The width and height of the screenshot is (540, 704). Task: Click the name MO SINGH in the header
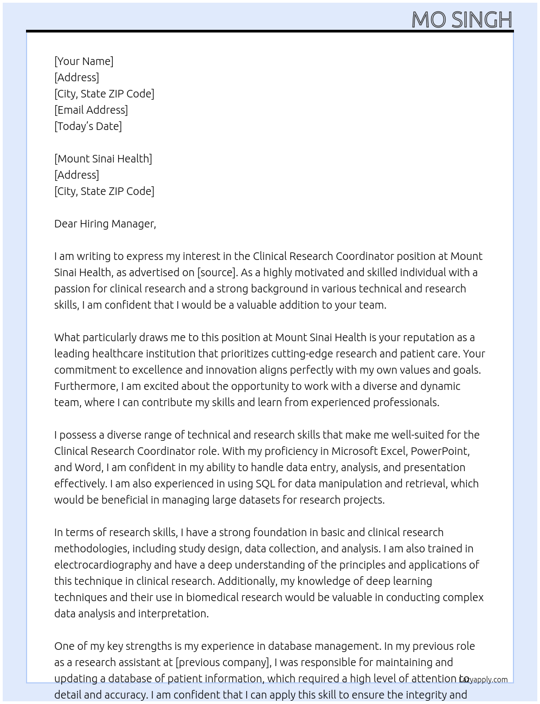click(x=461, y=19)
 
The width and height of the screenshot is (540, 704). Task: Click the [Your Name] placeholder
click(x=83, y=61)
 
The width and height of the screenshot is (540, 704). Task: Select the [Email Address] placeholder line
click(x=91, y=110)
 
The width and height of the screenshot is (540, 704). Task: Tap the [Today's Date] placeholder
click(x=88, y=126)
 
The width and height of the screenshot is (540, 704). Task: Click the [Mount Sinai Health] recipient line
click(x=103, y=159)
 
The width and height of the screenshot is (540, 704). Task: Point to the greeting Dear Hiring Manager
click(x=105, y=224)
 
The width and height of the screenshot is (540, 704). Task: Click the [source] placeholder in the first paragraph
click(x=217, y=272)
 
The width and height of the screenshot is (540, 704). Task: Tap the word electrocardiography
click(x=102, y=565)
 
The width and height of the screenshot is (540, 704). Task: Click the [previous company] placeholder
click(x=223, y=662)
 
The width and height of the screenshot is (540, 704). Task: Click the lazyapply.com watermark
click(x=484, y=680)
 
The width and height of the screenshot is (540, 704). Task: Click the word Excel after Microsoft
click(x=393, y=451)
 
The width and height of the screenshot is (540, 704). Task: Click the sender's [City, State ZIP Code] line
click(x=104, y=94)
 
